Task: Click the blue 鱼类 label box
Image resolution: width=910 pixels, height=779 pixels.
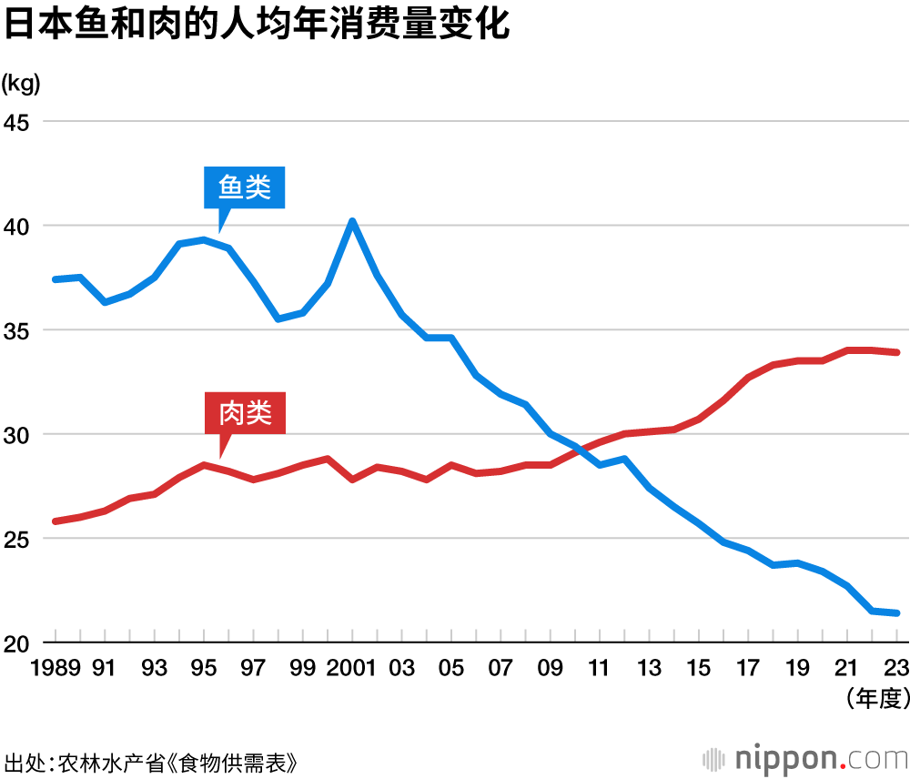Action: click(245, 187)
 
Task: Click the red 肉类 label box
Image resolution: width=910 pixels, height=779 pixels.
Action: click(245, 414)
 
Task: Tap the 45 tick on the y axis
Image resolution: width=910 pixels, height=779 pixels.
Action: click(17, 121)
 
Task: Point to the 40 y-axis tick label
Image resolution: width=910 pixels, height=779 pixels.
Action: click(17, 226)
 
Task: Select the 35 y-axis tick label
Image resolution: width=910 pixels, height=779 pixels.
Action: click(17, 330)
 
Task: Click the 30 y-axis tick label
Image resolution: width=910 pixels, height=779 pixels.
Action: click(17, 434)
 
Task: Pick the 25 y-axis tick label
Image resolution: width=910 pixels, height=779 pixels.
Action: click(17, 539)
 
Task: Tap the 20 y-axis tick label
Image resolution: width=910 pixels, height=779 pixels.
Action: click(17, 643)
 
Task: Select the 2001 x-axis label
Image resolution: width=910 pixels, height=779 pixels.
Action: click(351, 669)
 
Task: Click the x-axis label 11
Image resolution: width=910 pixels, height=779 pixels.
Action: click(600, 669)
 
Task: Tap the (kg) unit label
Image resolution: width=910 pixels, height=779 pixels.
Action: click(21, 85)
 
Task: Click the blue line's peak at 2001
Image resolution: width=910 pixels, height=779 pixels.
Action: click(352, 221)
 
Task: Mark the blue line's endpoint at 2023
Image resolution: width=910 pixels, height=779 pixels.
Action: click(897, 613)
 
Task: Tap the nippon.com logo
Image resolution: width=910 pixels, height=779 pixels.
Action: click(804, 757)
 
